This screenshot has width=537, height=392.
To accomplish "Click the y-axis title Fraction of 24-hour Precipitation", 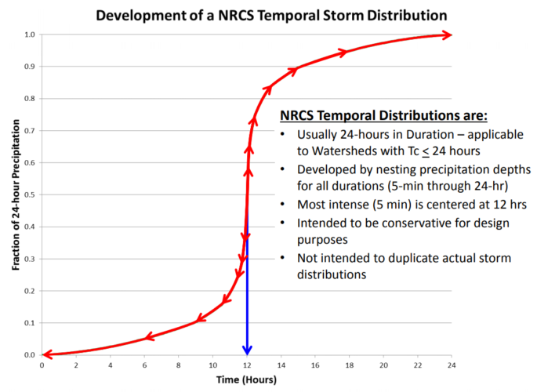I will pyautogui.click(x=16, y=195).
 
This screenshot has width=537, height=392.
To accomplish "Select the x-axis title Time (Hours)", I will pyautogui.click(x=246, y=380).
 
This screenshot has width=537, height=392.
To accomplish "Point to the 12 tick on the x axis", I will pyautogui.click(x=247, y=365).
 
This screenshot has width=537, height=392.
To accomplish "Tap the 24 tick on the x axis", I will pyautogui.click(x=452, y=365).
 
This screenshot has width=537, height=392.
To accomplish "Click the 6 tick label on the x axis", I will pyautogui.click(x=144, y=365).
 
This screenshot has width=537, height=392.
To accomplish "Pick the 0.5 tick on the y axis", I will pyautogui.click(x=29, y=195).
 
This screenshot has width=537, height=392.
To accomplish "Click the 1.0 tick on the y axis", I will pyautogui.click(x=29, y=34).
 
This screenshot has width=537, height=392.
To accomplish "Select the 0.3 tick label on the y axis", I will pyautogui.click(x=29, y=260).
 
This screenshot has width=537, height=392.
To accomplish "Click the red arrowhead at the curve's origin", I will pyautogui.click(x=48, y=354).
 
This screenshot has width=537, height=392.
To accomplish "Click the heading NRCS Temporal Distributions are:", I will pyautogui.click(x=384, y=116).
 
